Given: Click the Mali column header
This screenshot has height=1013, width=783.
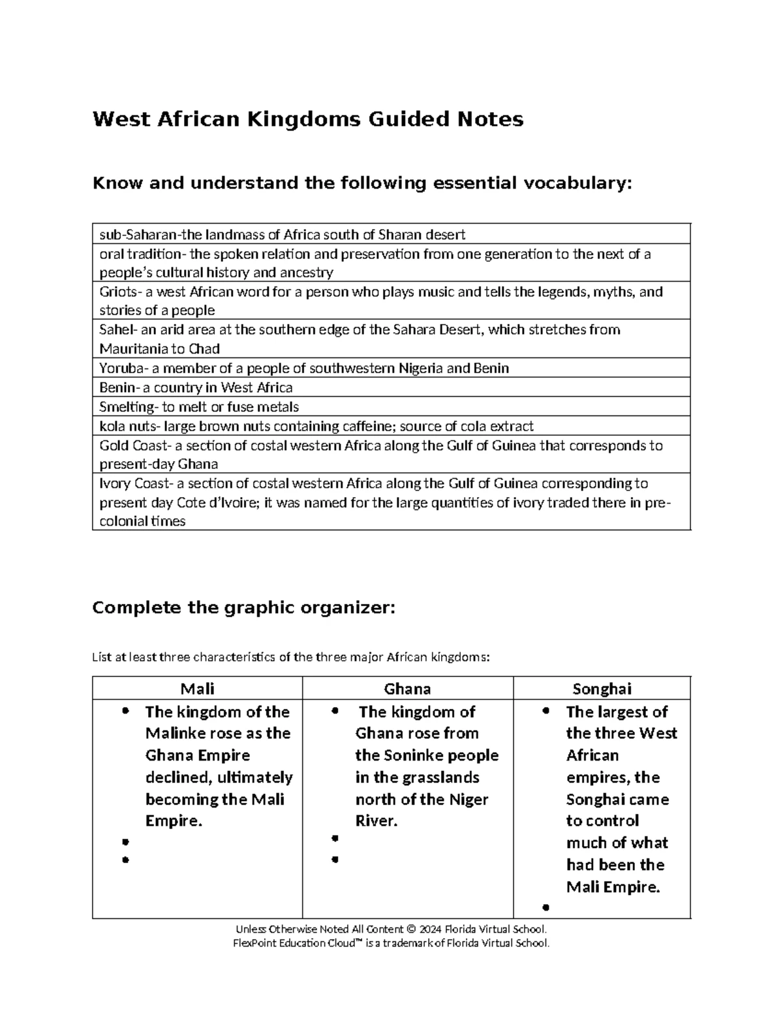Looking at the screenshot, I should coord(197,689).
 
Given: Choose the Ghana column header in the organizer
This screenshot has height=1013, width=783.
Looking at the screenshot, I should coord(407,689).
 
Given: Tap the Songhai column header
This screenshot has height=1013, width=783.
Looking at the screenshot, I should coord(602,689).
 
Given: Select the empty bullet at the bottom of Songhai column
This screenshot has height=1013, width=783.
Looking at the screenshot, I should coord(545,907).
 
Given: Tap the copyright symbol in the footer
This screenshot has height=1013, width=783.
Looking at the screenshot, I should coord(410,930).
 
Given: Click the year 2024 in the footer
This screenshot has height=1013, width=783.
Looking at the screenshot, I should coord(431,930).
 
